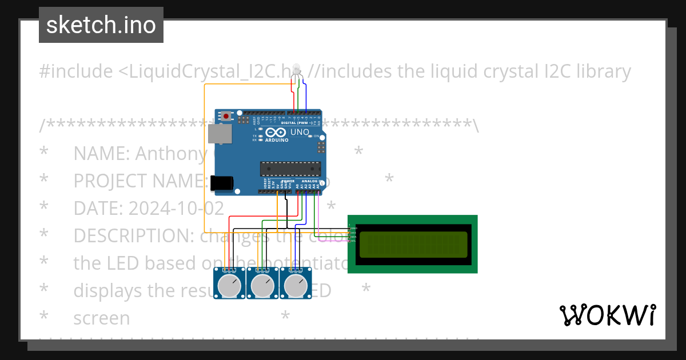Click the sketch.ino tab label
[x=101, y=25]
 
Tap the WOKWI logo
[x=607, y=315]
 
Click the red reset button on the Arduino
[x=226, y=117]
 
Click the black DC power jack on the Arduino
[x=221, y=183]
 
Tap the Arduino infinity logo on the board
[x=276, y=133]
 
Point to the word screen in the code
[x=101, y=318]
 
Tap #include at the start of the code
[x=76, y=71]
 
